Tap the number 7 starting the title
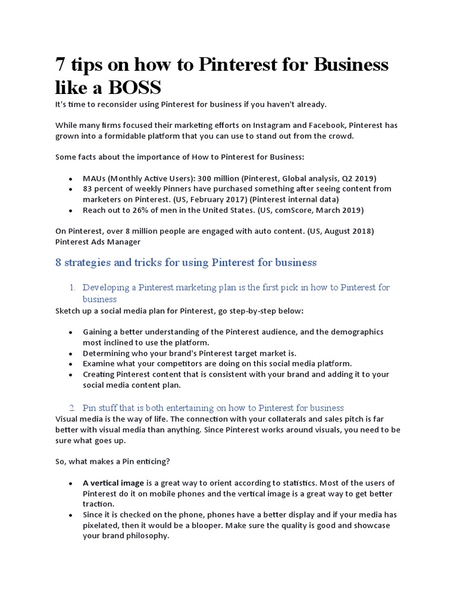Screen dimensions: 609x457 click(x=60, y=64)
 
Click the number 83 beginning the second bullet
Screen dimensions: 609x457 click(x=88, y=189)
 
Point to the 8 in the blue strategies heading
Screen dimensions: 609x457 click(x=58, y=262)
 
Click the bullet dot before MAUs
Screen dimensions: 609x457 click(x=71, y=178)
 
